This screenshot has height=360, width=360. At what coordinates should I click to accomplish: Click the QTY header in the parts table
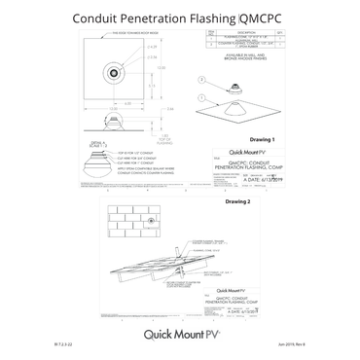280,31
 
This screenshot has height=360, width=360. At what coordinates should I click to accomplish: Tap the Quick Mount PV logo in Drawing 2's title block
231,291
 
